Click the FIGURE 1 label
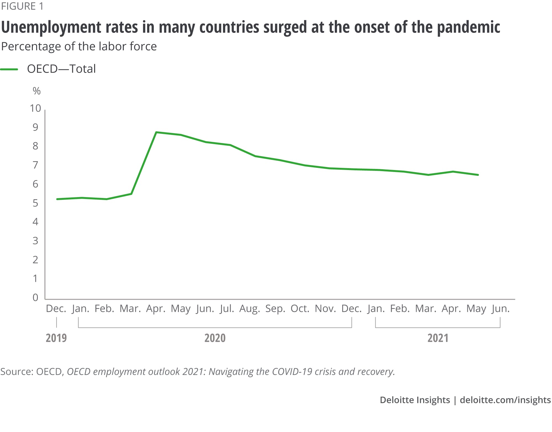coord(22,6)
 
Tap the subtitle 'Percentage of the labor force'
coord(79,46)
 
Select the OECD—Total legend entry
coord(61,69)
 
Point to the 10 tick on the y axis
coord(35,108)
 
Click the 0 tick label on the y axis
coord(35,297)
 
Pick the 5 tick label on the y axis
coord(35,203)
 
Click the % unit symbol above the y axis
coord(36,91)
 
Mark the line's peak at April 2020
coord(156,132)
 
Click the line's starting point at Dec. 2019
coord(57,199)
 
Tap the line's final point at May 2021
coord(478,175)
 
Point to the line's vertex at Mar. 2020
coord(131,194)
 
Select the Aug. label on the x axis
coord(250,309)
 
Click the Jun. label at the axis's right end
coord(500,309)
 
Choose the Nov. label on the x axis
coord(325,309)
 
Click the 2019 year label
coord(56,338)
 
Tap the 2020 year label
coord(215,338)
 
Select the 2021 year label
coord(438,338)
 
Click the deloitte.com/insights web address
coord(505,400)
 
